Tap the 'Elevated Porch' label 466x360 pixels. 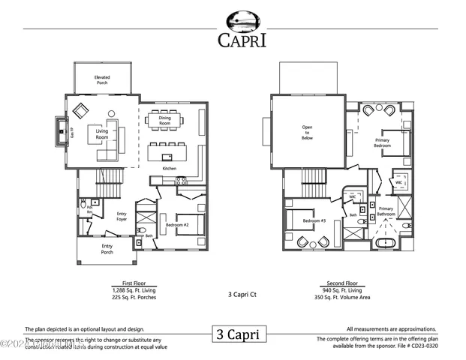[102, 79]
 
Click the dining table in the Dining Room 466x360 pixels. [164, 119]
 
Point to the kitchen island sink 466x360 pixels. [167, 156]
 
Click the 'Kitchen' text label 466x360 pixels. [170, 169]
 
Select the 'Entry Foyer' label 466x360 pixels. [122, 217]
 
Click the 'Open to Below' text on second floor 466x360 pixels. [307, 133]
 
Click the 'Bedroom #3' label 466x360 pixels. [313, 222]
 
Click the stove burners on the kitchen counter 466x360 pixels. [181, 180]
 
